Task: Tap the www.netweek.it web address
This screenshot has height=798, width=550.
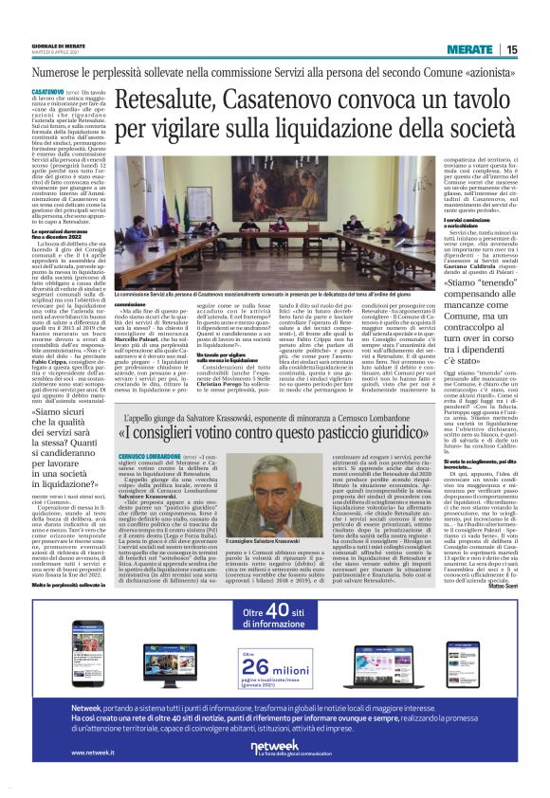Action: pyautogui.click(x=60, y=753)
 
